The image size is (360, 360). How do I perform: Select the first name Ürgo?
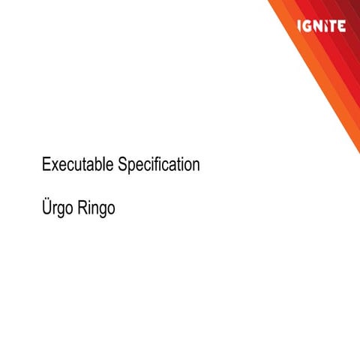pos(57,208)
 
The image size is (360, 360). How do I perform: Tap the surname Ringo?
pos(96,208)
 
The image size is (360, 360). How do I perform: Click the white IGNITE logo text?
pos(321,26)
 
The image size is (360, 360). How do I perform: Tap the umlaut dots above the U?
pos(47,198)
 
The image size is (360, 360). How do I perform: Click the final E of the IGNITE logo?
pos(341,26)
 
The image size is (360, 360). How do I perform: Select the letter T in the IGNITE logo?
pos(332,26)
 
